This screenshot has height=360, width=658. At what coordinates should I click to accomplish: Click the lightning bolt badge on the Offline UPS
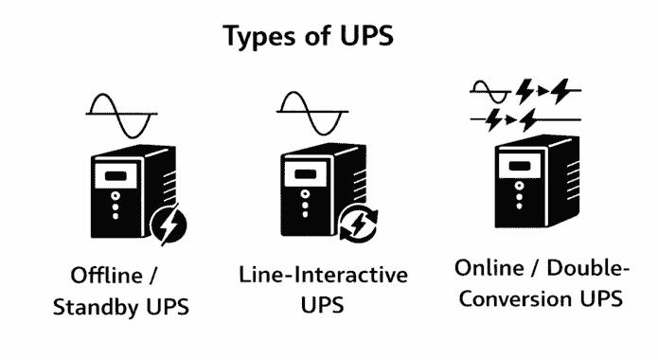point(170,227)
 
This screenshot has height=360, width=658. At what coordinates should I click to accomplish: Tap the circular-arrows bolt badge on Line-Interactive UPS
point(358,227)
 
